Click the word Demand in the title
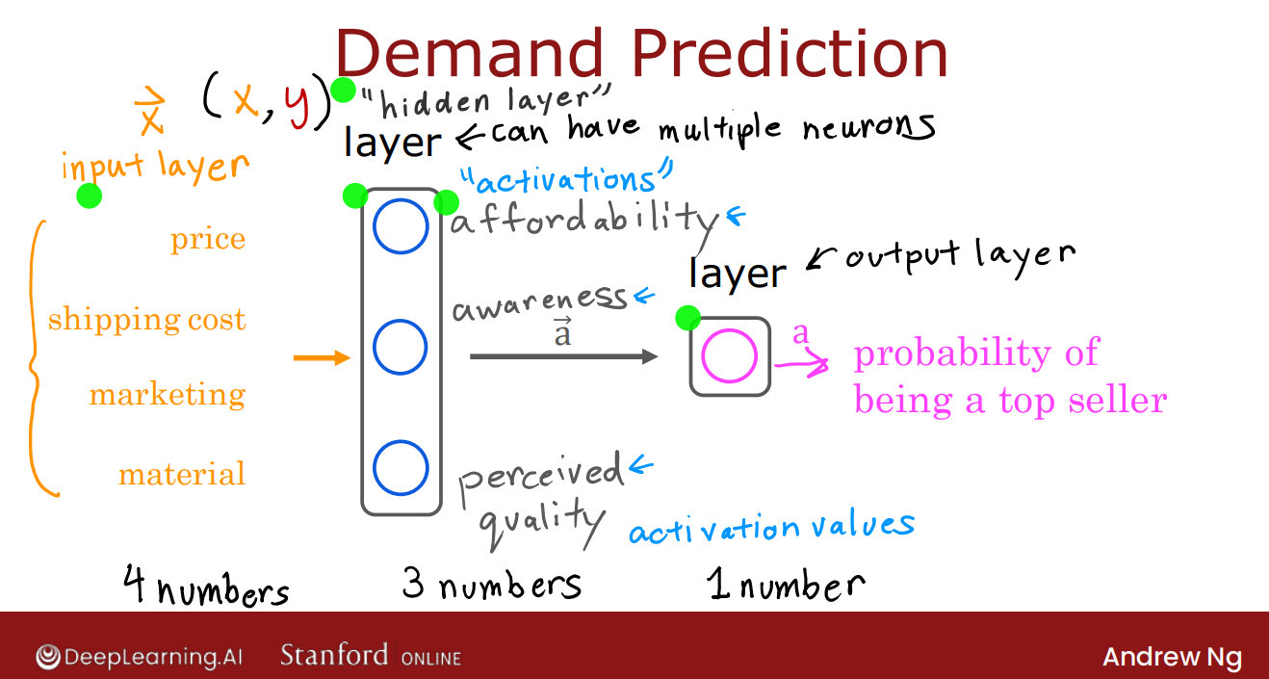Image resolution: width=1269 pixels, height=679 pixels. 470,53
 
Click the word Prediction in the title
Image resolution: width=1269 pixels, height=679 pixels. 790,53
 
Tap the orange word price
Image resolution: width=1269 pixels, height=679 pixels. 208,240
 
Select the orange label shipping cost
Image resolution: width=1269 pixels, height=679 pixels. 147,320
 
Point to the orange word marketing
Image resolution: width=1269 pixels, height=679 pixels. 168,395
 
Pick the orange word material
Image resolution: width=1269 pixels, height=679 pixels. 182,473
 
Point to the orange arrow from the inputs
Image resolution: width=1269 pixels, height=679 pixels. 323,357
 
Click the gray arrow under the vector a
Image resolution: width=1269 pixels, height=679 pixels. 564,356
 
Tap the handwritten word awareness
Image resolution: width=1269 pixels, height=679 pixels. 540,303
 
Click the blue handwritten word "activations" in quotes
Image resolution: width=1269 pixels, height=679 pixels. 566,178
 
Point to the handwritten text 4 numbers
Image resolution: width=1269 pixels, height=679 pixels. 206,586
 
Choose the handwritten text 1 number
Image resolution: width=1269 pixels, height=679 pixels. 787,584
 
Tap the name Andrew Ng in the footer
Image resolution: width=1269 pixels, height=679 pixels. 1173,657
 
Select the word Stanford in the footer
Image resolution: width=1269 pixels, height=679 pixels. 334,655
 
